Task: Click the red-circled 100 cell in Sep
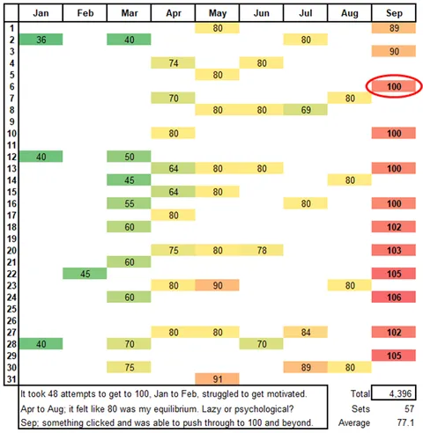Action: tap(394, 85)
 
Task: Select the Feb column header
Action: tap(85, 13)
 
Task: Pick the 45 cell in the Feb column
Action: tap(85, 273)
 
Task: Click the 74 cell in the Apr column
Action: tap(173, 62)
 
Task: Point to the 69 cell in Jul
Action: tap(305, 109)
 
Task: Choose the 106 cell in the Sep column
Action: tap(394, 297)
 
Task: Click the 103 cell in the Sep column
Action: tap(394, 250)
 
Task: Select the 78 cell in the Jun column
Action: tap(261, 250)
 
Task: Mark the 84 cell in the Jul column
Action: tap(305, 332)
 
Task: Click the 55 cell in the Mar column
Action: tap(129, 202)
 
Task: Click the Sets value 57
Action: tap(404, 409)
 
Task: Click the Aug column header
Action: tap(349, 13)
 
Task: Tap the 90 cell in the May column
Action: tap(217, 285)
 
